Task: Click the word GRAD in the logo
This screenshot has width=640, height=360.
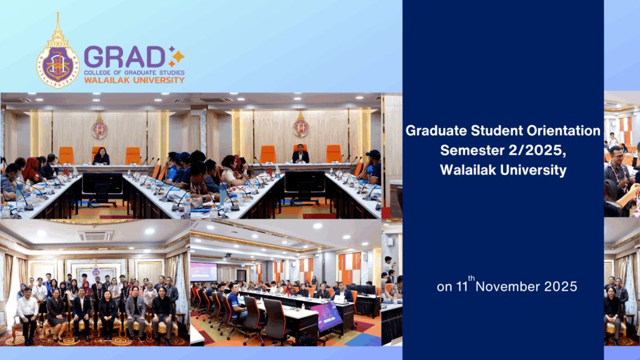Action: (x=125, y=57)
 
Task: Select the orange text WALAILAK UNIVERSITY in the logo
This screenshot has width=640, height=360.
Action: (x=134, y=80)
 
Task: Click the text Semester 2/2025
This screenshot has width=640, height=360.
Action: (x=502, y=151)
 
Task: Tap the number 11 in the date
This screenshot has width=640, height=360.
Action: (x=462, y=287)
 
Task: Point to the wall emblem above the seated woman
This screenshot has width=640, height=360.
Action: (x=99, y=128)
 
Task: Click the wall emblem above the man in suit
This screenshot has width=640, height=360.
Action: (x=301, y=127)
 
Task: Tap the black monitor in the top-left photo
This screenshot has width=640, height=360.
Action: (x=102, y=184)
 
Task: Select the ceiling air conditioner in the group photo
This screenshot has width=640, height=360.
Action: (x=96, y=236)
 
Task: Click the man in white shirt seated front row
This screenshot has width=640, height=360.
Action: (x=27, y=311)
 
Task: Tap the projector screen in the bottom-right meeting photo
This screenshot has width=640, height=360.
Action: (x=203, y=271)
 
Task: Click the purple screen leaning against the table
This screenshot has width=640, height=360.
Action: (x=326, y=316)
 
